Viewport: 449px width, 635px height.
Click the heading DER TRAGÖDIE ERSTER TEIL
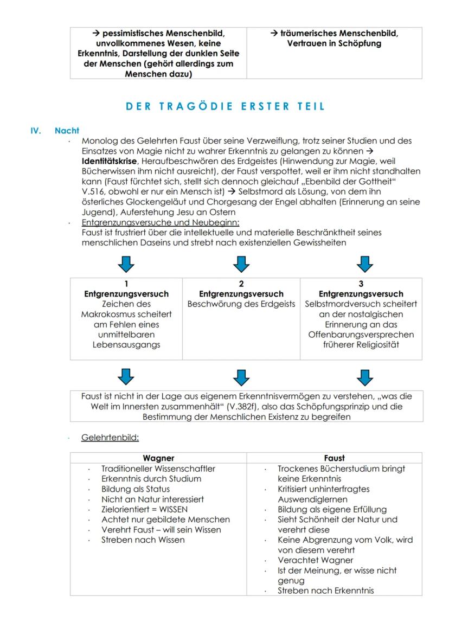click(225, 106)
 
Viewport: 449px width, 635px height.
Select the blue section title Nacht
click(67, 131)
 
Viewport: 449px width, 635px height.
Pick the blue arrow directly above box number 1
click(126, 264)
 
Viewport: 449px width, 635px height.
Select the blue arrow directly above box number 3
click(364, 264)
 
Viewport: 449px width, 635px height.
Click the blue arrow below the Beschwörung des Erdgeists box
click(241, 376)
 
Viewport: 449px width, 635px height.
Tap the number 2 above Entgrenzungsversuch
click(241, 284)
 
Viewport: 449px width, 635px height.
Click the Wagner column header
click(158, 458)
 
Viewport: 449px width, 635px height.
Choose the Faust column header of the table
click(334, 458)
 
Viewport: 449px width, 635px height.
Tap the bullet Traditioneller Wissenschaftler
click(158, 469)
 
